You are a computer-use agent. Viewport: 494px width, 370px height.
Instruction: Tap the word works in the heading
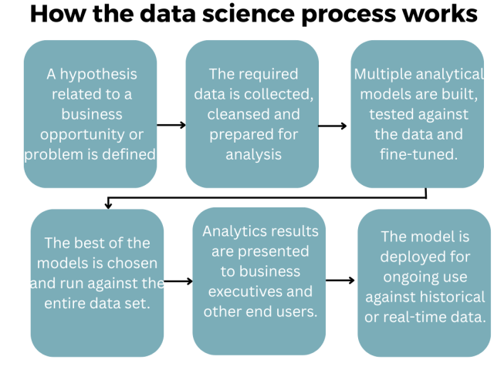[x=442, y=14]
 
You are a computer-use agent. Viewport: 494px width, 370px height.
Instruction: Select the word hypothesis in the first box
[x=98, y=75]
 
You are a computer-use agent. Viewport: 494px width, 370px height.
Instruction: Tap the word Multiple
[x=383, y=75]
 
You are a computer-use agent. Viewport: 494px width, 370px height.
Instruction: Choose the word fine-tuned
[x=418, y=154]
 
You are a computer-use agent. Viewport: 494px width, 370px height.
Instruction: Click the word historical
[x=454, y=297]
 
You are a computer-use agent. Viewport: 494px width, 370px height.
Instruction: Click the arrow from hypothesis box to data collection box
[x=171, y=125]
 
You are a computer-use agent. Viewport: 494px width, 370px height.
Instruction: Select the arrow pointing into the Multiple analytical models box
[x=333, y=126]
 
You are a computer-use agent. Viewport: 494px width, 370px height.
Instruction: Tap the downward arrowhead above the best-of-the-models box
[x=108, y=205]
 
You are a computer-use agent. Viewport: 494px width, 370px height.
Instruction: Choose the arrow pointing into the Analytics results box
[x=178, y=281]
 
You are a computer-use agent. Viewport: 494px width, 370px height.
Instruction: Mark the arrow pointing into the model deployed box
[x=340, y=280]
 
